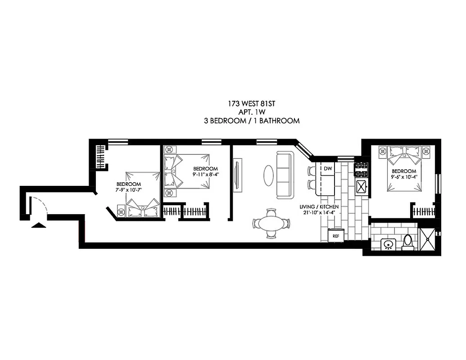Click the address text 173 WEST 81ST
click(251, 104)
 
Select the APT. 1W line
click(251, 112)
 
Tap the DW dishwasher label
click(328, 169)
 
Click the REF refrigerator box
click(335, 236)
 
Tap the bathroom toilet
click(407, 241)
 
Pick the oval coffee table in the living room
click(268, 175)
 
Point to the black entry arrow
click(39, 224)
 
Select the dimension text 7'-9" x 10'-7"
click(129, 190)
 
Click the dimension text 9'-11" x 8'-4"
click(199, 175)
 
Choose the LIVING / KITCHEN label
click(319, 207)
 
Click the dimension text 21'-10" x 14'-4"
click(319, 213)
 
